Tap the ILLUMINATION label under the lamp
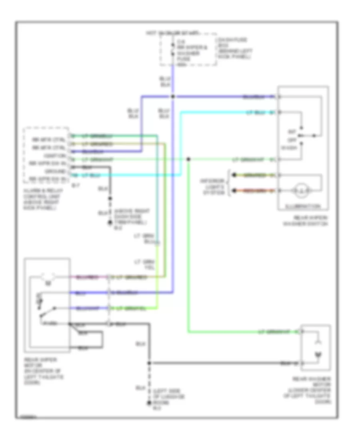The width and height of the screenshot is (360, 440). [x=303, y=207]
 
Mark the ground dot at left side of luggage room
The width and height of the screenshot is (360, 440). [x=149, y=402]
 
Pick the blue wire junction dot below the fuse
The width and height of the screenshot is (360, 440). [x=173, y=97]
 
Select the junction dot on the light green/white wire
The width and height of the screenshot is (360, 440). [x=188, y=160]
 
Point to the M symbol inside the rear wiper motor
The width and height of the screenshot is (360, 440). [x=48, y=284]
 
